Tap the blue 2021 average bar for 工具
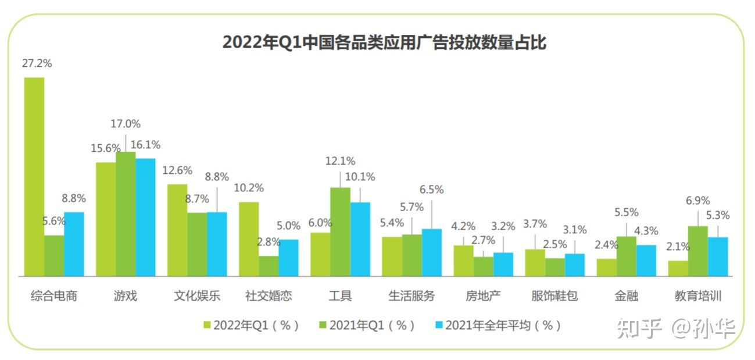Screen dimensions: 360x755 click(360, 239)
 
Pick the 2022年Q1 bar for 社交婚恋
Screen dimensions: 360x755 click(249, 239)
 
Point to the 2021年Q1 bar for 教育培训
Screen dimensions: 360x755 click(697, 251)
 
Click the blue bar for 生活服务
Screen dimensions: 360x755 click(432, 252)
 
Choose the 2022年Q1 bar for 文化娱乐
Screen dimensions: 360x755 click(177, 230)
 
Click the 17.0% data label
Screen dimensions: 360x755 click(126, 124)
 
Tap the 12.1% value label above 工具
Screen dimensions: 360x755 click(340, 161)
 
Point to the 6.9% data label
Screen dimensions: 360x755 click(697, 201)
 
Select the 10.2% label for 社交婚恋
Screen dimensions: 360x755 click(249, 188)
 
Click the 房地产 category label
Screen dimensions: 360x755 click(483, 295)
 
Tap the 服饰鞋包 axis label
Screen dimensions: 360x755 click(554, 295)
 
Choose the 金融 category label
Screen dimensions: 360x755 click(626, 295)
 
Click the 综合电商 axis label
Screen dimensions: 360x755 click(53, 295)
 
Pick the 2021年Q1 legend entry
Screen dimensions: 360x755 click(367, 326)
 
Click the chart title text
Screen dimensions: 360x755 click(384, 42)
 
